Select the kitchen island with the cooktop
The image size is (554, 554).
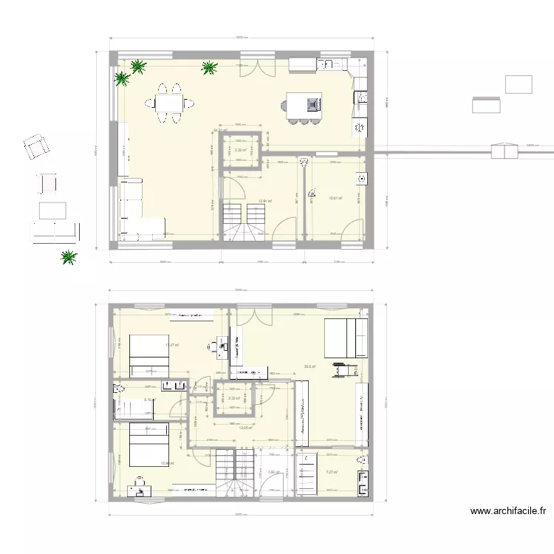(304, 105)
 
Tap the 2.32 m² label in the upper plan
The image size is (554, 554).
(240, 151)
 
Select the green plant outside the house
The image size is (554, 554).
(69, 257)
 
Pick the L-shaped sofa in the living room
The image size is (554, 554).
(137, 211)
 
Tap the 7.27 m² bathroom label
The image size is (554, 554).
(332, 473)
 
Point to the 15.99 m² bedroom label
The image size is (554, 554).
(167, 464)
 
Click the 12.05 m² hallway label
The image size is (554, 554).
(246, 427)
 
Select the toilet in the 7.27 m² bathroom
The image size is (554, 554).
(361, 461)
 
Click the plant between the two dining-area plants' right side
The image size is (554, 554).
(209, 68)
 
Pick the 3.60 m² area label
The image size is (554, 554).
(273, 473)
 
